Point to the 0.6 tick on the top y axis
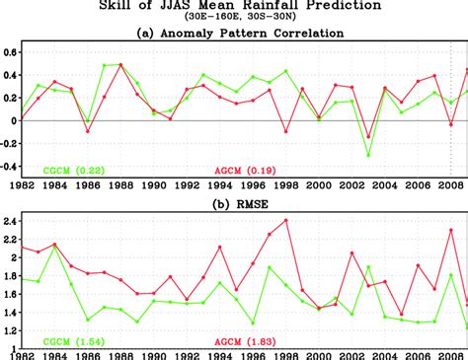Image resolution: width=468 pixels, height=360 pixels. [11, 51]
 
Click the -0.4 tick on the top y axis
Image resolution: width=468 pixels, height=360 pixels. [9, 167]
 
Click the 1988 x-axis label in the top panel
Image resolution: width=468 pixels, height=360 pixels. [121, 184]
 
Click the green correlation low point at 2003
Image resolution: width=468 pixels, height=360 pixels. [368, 155]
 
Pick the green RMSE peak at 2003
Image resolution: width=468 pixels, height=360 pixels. [368, 266]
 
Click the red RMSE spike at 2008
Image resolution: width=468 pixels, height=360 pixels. [451, 230]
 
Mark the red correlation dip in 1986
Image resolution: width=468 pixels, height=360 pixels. [88, 131]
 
